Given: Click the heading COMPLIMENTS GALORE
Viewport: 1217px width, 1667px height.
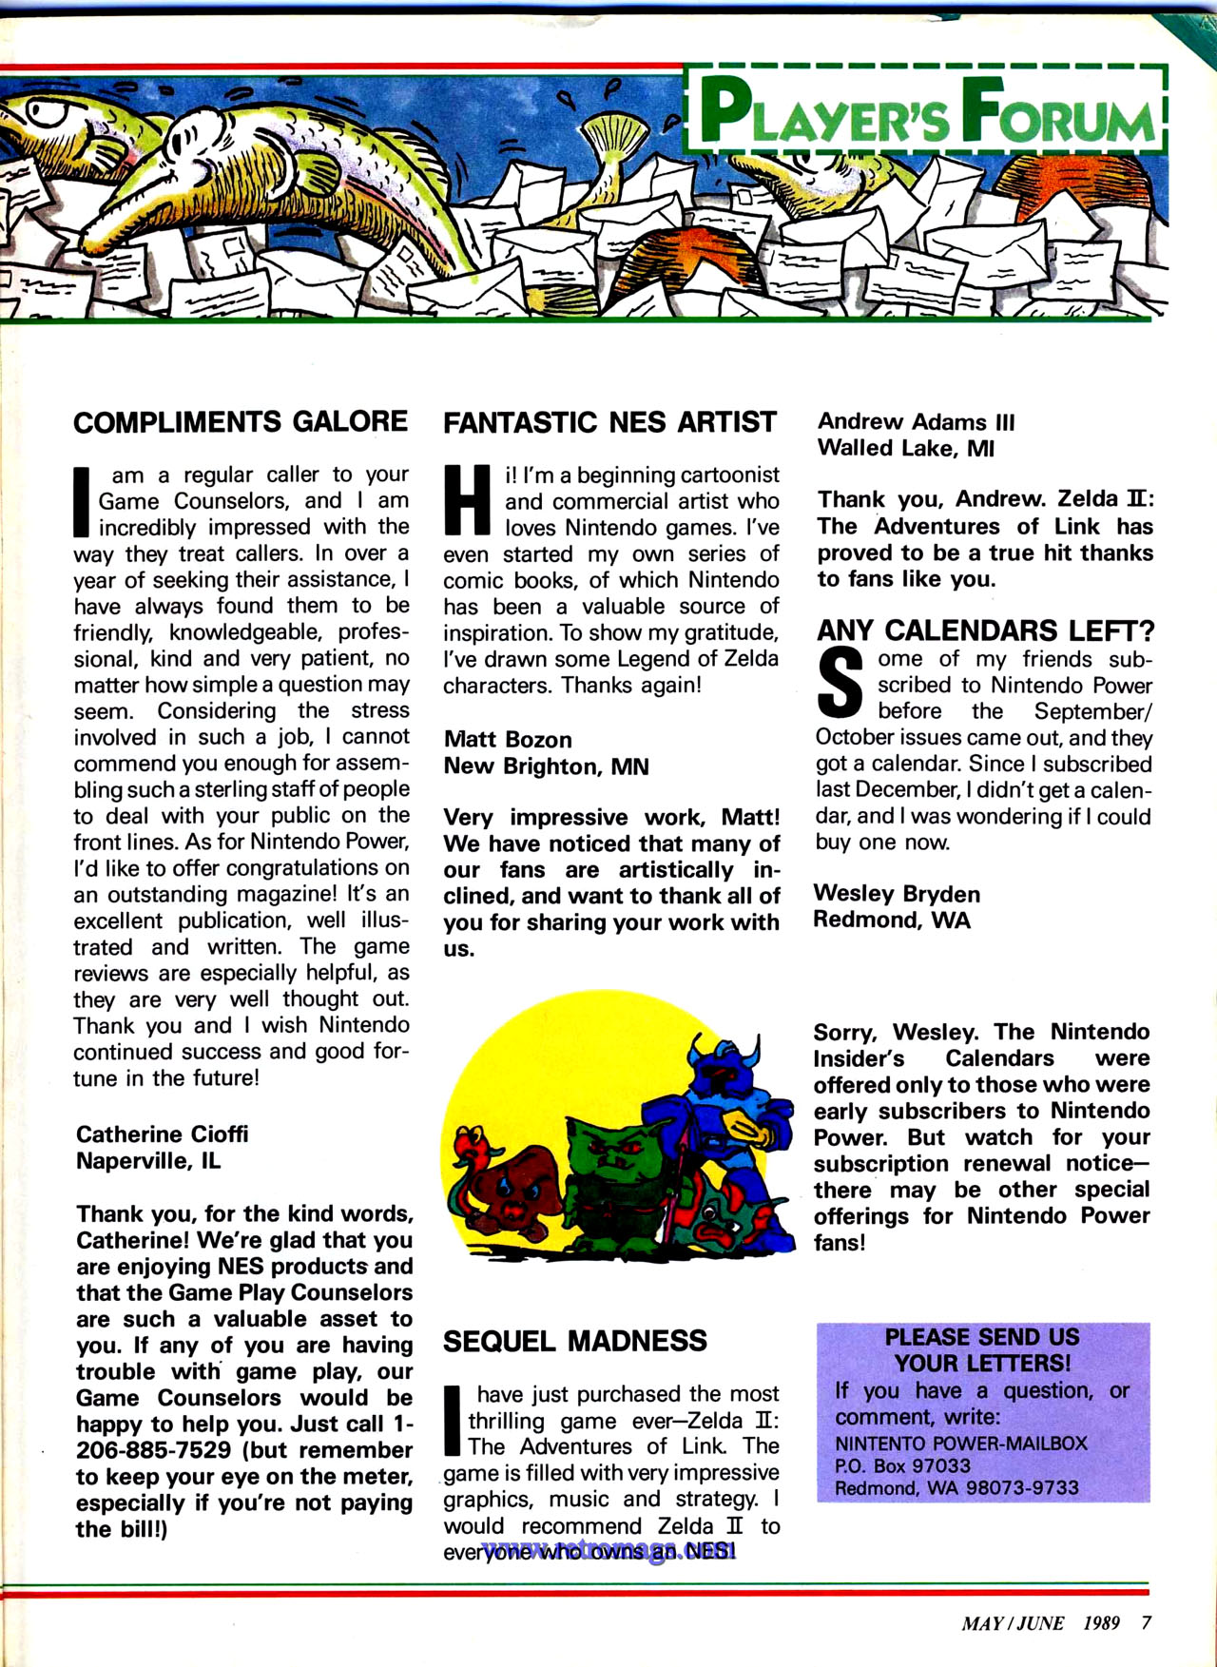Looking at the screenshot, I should [241, 422].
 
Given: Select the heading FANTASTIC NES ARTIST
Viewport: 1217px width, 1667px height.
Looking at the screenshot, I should [609, 422].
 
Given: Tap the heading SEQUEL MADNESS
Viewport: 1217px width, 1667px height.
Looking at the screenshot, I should [574, 1341].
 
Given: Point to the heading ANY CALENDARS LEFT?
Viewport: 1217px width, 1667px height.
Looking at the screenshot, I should [985, 630].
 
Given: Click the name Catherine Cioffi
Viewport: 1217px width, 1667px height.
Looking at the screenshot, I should [162, 1134].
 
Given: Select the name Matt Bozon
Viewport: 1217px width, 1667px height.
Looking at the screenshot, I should [508, 740].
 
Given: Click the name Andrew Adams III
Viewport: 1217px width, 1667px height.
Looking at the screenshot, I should [916, 421].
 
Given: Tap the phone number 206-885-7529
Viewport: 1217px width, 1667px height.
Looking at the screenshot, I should [153, 1450].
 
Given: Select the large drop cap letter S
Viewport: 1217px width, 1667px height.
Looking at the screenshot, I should [840, 684].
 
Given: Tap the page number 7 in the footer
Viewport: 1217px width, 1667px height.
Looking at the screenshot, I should [1146, 1622].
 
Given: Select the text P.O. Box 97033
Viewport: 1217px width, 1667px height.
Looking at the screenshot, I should [902, 1465].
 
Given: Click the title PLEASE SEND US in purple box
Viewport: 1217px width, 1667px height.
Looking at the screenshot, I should [981, 1337].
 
